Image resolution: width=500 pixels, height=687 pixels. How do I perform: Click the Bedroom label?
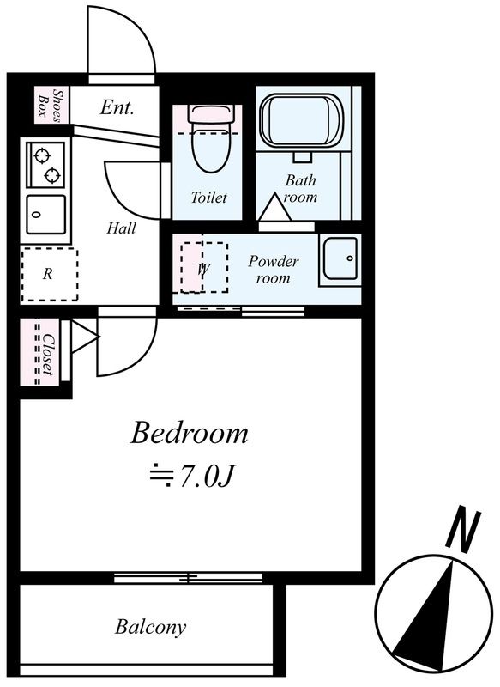[x=190, y=433]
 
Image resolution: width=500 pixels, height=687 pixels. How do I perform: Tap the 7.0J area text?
[x=192, y=476]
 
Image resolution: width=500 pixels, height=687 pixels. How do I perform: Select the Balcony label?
[x=150, y=628]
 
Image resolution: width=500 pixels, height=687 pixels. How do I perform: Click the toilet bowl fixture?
[x=210, y=139]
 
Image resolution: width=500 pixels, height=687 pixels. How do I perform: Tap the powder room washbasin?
[x=340, y=259]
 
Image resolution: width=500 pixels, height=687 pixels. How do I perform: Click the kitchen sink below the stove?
[x=46, y=215]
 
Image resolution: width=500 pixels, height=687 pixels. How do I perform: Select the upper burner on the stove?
[x=41, y=156]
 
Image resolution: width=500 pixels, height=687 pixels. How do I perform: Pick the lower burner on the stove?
[x=52, y=175]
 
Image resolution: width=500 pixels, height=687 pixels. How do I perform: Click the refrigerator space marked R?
[x=49, y=274]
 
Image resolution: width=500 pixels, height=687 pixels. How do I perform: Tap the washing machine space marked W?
[x=205, y=267]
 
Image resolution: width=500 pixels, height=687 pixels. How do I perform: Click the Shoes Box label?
[x=51, y=104]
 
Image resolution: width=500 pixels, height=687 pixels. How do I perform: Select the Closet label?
[x=49, y=355]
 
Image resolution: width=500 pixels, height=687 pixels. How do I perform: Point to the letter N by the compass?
[x=463, y=528]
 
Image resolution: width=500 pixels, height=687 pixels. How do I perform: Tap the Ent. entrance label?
[x=117, y=107]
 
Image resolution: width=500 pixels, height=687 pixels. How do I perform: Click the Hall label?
[x=121, y=228]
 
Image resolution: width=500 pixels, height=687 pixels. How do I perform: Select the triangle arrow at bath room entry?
[x=274, y=206]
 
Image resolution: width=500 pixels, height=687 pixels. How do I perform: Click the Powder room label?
[x=274, y=269]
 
